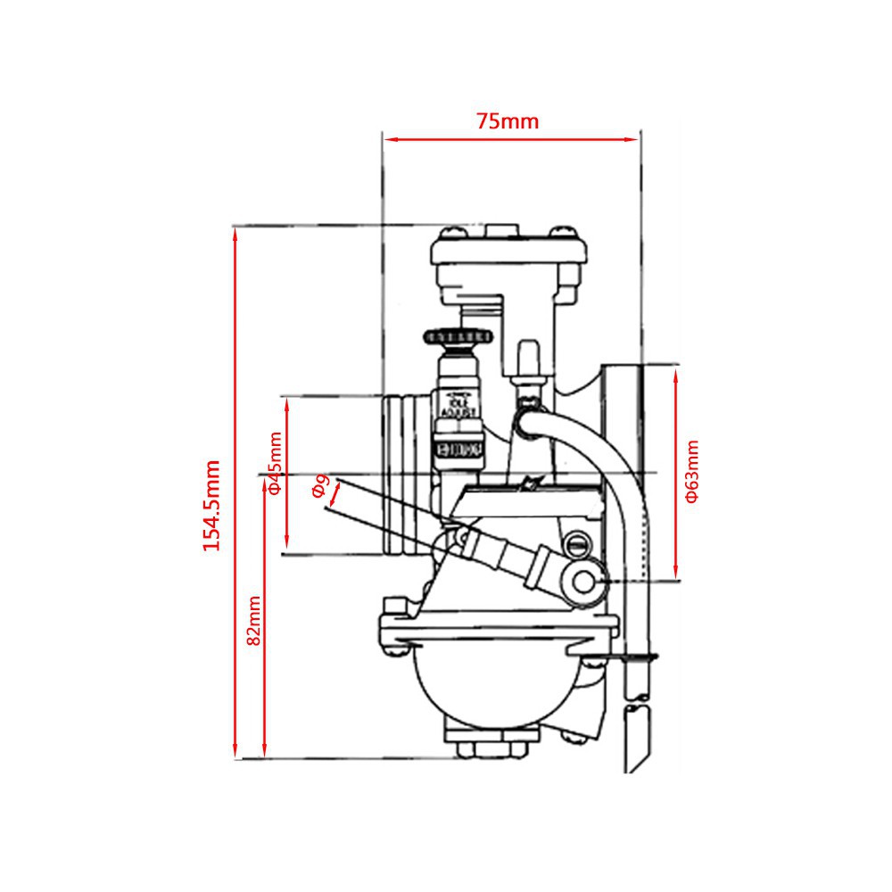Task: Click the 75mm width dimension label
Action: tap(508, 121)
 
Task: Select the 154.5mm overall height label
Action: tap(211, 505)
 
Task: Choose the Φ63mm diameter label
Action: tap(692, 473)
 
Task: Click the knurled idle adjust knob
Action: tap(458, 337)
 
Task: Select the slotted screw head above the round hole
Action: tap(577, 542)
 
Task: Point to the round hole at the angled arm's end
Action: tap(585, 582)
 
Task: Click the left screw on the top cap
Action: tap(450, 233)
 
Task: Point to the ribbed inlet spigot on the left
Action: tap(402, 476)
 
